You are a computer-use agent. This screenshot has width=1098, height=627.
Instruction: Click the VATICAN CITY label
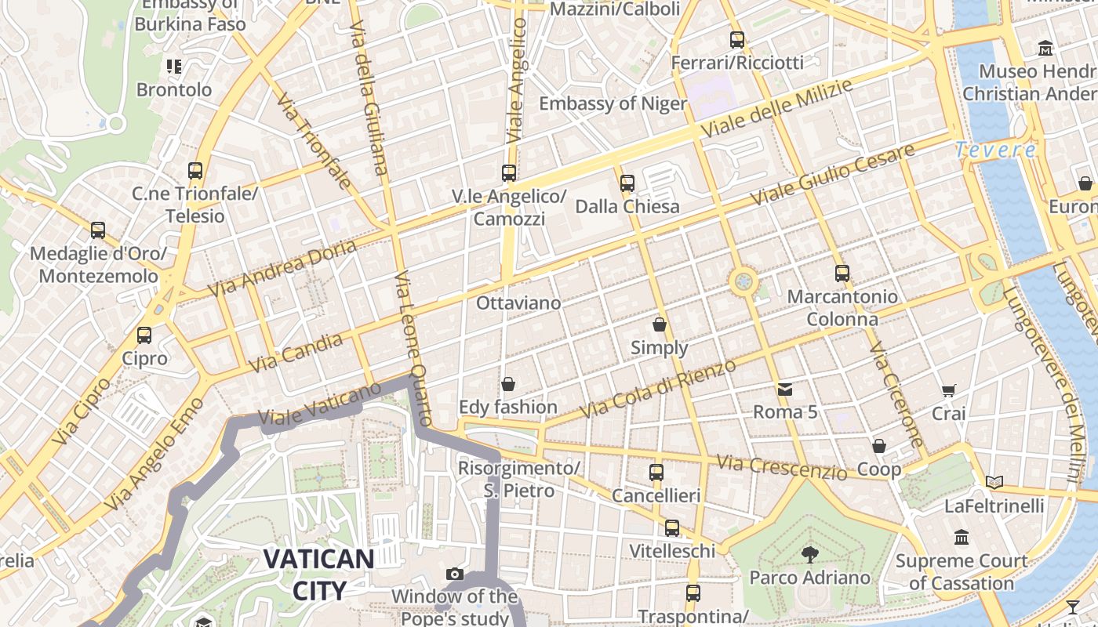pos(318,574)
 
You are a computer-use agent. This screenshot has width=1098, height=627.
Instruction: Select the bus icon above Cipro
pos(144,335)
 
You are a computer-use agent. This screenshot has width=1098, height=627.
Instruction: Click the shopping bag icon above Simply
pos(660,324)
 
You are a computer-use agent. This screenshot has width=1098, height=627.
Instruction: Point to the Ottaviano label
pos(519,303)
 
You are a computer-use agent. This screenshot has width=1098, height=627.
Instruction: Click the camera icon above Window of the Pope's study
pos(455,574)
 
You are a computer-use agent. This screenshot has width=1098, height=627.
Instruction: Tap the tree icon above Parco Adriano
pos(809,555)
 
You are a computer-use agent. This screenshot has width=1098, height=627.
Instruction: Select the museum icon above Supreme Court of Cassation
pos(962,538)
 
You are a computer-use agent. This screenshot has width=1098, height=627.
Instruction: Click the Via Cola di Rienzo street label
pos(659,389)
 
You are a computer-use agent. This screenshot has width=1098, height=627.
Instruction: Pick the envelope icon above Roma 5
pos(785,390)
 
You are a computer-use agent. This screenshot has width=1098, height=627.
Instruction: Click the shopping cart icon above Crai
pos(948,390)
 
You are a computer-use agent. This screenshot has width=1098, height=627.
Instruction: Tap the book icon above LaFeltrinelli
pos(994,483)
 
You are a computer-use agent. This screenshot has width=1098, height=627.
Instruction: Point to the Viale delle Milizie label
pos(776,109)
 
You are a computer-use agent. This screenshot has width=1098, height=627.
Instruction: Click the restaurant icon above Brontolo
pos(174,67)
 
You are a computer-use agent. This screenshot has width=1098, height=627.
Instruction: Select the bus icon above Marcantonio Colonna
pos(842,274)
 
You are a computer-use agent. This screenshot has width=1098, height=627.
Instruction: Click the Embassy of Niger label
pos(613,103)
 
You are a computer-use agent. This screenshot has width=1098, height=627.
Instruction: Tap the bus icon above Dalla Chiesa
pos(627,183)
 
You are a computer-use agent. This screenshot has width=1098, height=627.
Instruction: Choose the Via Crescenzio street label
pos(781,467)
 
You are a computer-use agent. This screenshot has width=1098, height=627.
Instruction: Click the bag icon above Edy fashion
pos(508,384)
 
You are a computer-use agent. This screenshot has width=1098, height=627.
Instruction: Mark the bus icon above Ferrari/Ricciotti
pos(737,40)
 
